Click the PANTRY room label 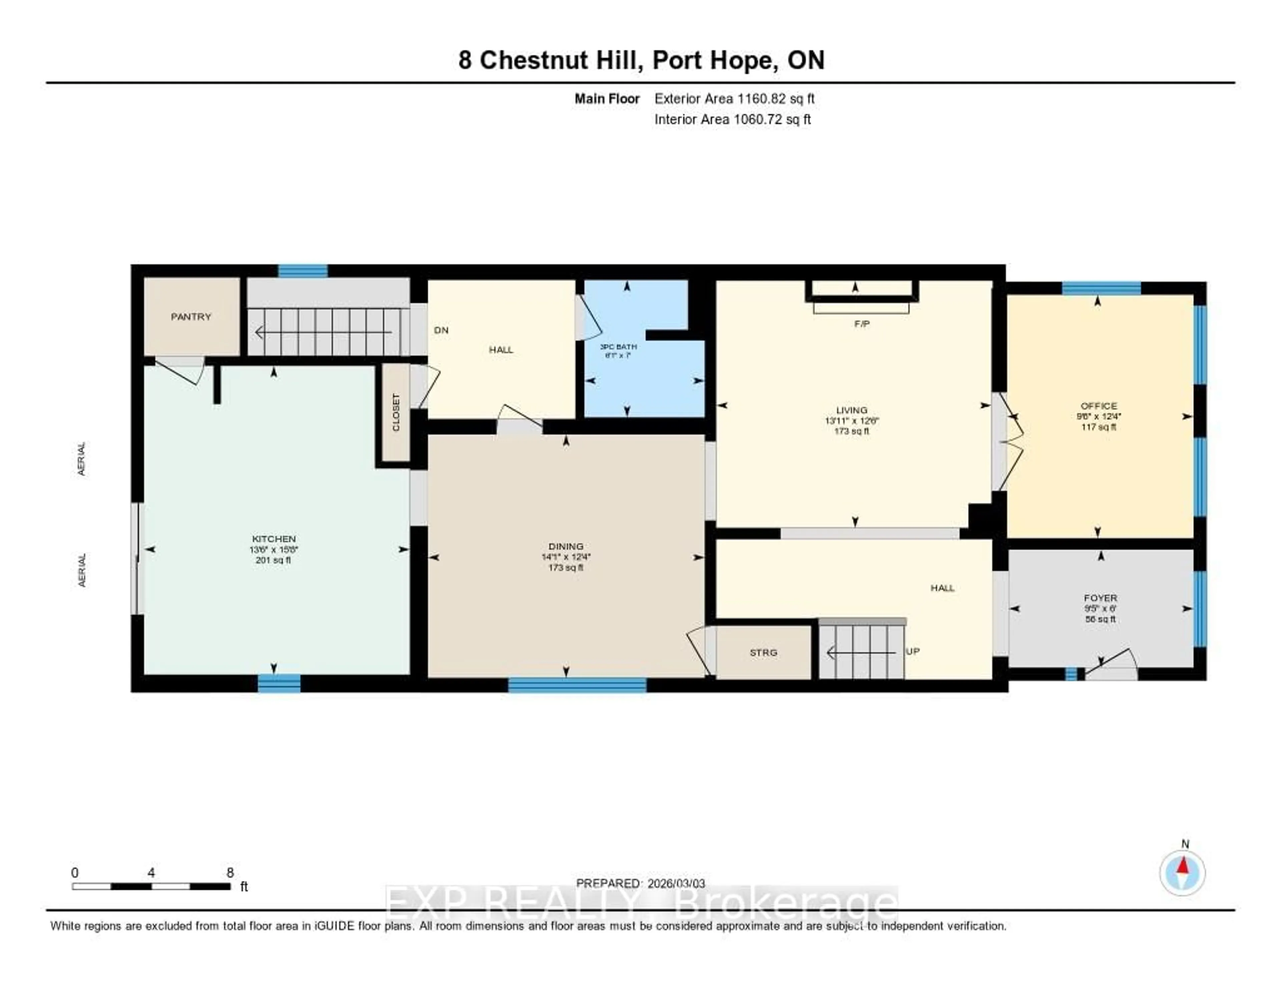pos(190,317)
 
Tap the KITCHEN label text pos(273,539)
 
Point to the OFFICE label pos(1099,406)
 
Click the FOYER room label pos(1100,598)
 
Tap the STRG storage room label pos(763,653)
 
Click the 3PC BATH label pos(618,347)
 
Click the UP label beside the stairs pos(913,652)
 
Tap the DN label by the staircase pos(441,330)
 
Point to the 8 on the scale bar pos(230,873)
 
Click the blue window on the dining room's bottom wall pos(577,685)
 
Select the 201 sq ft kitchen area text pos(273,560)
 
